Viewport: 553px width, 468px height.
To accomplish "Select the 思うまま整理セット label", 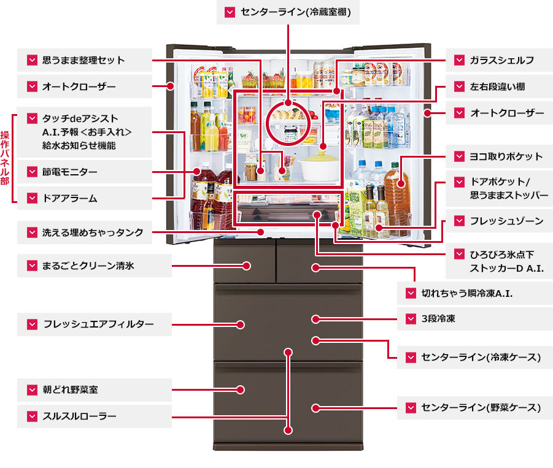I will [83, 60].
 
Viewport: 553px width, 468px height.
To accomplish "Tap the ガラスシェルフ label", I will [502, 60].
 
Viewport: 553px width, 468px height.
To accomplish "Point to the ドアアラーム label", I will [70, 199].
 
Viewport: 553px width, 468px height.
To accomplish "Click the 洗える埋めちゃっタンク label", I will [93, 232].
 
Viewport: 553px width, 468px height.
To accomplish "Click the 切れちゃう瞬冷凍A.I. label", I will [466, 293].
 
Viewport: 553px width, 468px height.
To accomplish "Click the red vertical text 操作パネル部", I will [6, 158].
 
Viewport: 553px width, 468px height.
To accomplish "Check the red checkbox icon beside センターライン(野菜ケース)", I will [410, 407].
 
